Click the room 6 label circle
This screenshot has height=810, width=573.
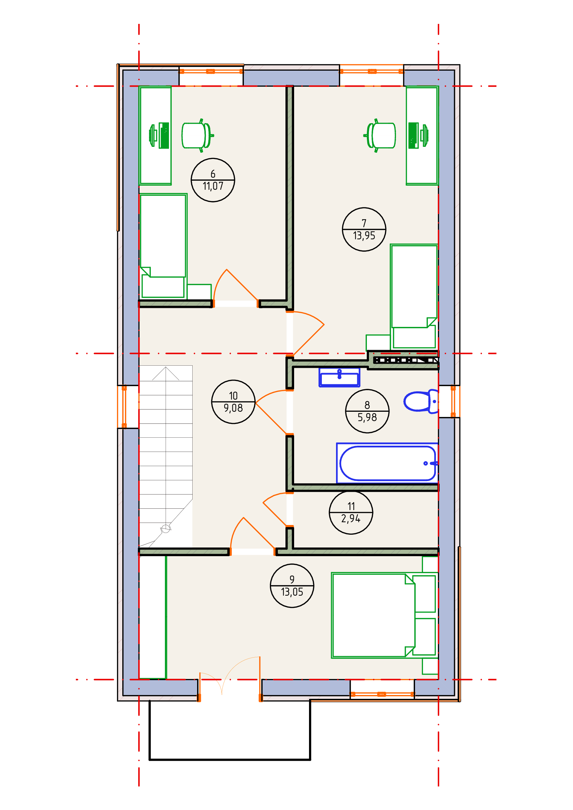pos(213,180)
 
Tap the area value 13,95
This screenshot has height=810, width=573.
pos(364,236)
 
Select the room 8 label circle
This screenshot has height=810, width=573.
pos(367,411)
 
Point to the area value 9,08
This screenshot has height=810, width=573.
pos(233,408)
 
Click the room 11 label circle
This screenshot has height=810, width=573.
pos(351,512)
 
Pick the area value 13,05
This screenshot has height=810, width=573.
pos(292,592)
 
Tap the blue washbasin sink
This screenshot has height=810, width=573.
pos(339,377)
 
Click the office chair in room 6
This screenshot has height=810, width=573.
pos(196,135)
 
